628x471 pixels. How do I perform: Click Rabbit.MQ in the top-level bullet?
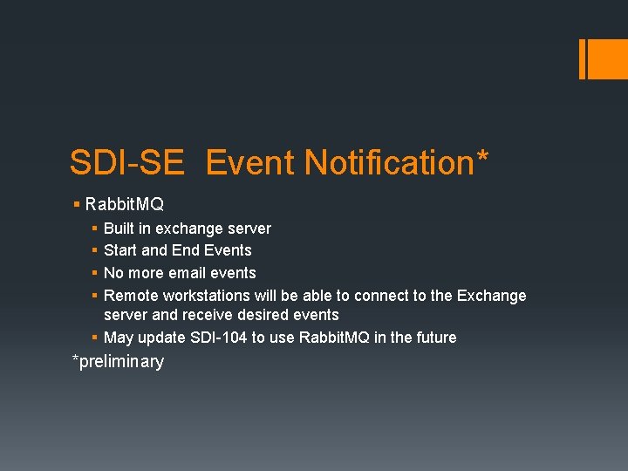pyautogui.click(x=125, y=204)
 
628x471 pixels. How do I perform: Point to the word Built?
pyautogui.click(x=120, y=229)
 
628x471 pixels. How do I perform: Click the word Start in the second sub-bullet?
pyautogui.click(x=120, y=250)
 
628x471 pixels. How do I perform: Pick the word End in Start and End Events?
pyautogui.click(x=185, y=250)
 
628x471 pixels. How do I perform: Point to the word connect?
pyautogui.click(x=383, y=296)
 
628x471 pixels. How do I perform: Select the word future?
pyautogui.click(x=433, y=338)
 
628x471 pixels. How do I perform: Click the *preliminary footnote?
pyautogui.click(x=118, y=361)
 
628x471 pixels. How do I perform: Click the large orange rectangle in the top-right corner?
pyautogui.click(x=606, y=58)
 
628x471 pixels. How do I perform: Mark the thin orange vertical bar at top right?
pyautogui.click(x=582, y=58)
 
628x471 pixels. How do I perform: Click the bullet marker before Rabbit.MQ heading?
pyautogui.click(x=77, y=204)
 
